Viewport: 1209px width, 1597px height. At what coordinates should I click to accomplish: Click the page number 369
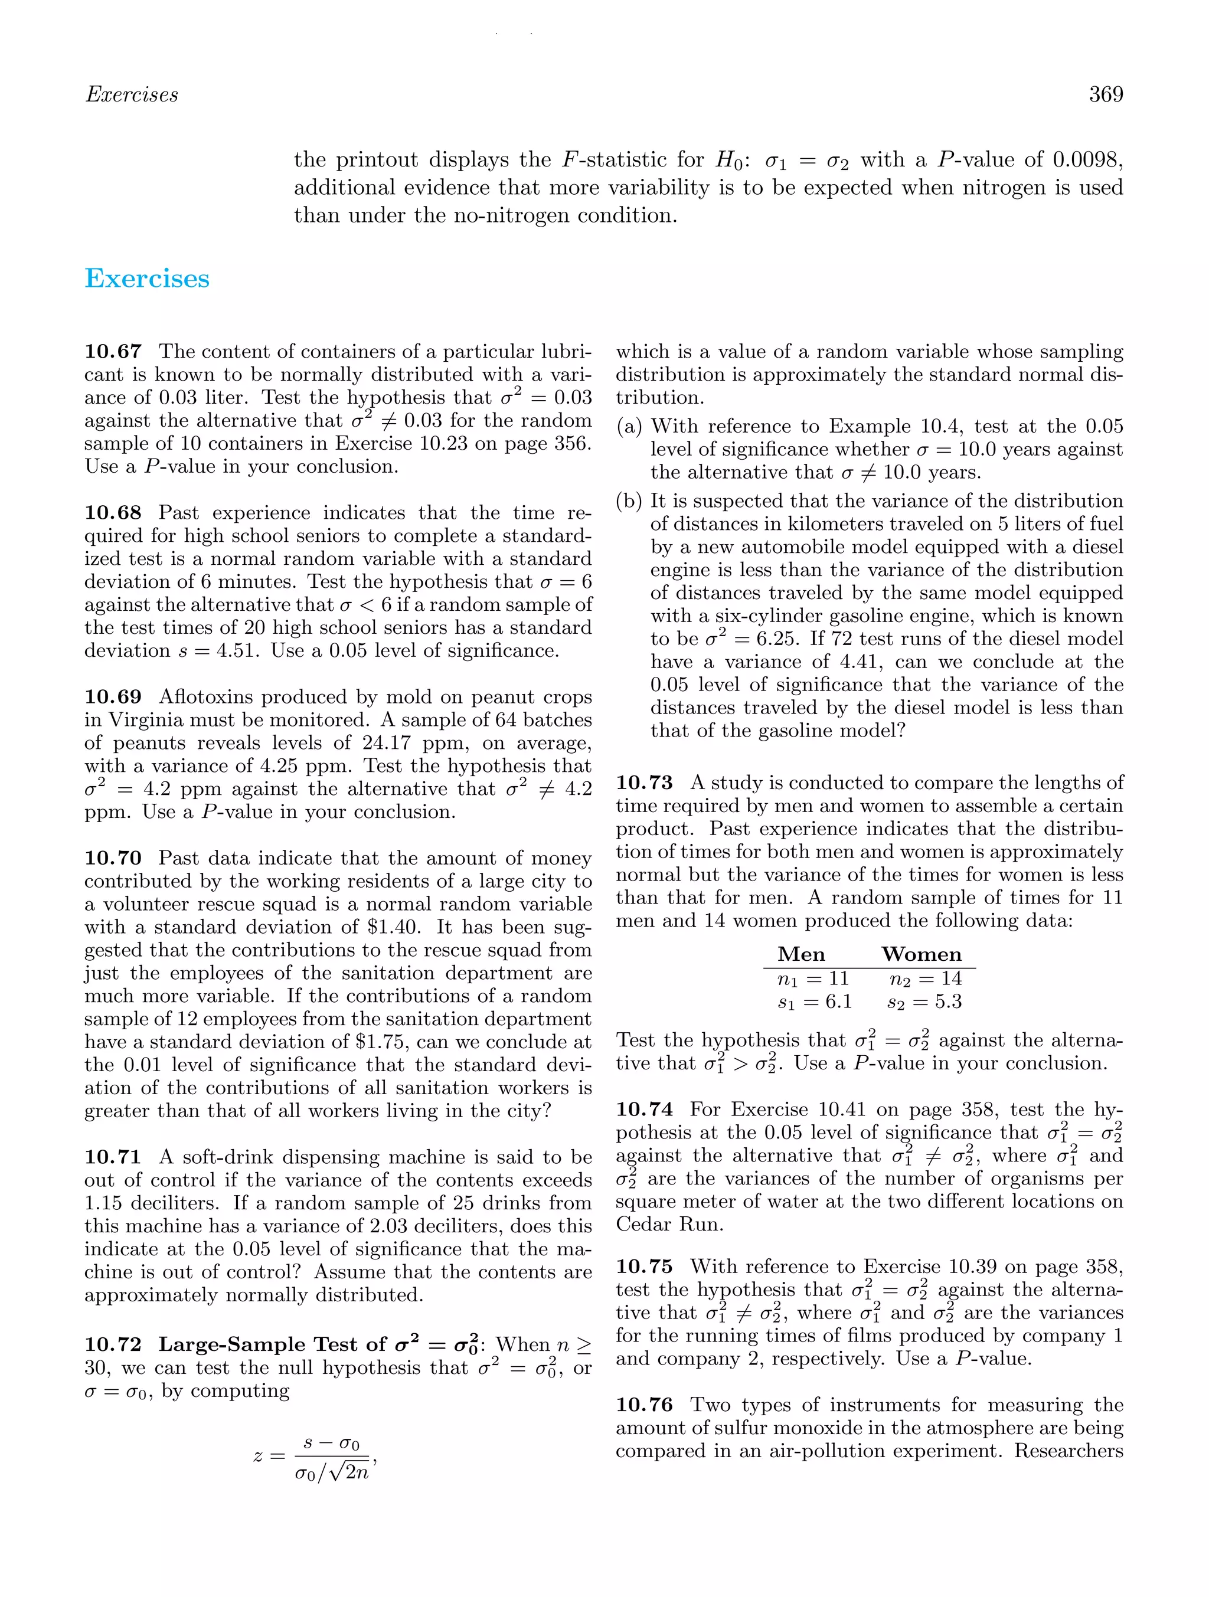coord(1106,94)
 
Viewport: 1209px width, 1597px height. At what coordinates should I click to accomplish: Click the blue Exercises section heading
coord(148,279)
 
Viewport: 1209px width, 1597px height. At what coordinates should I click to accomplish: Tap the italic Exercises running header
coord(132,94)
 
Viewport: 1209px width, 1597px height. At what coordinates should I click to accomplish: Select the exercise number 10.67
coord(113,352)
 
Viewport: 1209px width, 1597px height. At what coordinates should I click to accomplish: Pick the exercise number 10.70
coord(113,859)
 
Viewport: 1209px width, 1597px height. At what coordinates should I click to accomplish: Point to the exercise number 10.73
coord(644,783)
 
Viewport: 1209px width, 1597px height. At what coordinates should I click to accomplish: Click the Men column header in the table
coord(801,954)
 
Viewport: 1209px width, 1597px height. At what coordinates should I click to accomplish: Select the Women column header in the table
coord(922,954)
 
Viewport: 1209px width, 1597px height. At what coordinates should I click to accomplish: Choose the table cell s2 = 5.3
coord(924,1002)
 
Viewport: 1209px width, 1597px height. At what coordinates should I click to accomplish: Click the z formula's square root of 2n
coord(348,1474)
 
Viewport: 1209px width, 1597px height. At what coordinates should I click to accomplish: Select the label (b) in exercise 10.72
coord(629,501)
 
